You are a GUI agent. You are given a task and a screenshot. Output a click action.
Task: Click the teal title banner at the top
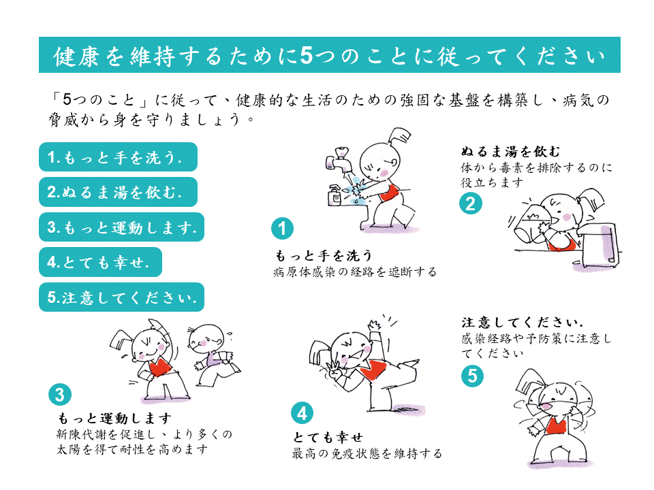coord(330,54)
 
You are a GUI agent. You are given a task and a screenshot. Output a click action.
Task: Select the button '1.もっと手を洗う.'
coord(118,157)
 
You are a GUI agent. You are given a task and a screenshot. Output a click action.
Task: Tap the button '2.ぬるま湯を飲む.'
coord(118,192)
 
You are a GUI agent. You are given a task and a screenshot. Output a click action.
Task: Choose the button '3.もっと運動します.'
coord(121,227)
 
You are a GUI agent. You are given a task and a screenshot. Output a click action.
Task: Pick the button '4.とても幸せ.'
coord(100,262)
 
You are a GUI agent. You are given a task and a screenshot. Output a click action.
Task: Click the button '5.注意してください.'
coord(121,297)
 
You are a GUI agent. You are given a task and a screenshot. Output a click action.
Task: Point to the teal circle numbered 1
coord(282,229)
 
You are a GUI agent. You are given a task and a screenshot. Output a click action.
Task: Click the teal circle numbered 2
coord(471,203)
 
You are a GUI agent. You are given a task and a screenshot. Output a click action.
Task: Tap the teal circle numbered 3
coord(60,394)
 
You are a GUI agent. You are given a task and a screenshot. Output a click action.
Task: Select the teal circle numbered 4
coord(302,413)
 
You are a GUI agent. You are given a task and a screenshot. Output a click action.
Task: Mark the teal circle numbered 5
coord(472,376)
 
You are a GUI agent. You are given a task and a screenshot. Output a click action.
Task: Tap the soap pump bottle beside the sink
coord(335,195)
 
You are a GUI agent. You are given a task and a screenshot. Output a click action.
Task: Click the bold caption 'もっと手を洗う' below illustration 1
coord(324,255)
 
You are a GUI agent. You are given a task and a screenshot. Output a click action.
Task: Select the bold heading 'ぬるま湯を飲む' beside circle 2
coord(510,151)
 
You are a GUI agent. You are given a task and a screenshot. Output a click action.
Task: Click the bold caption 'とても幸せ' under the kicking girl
coord(328,437)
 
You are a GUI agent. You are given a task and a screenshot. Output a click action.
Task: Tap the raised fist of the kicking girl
coord(374,325)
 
